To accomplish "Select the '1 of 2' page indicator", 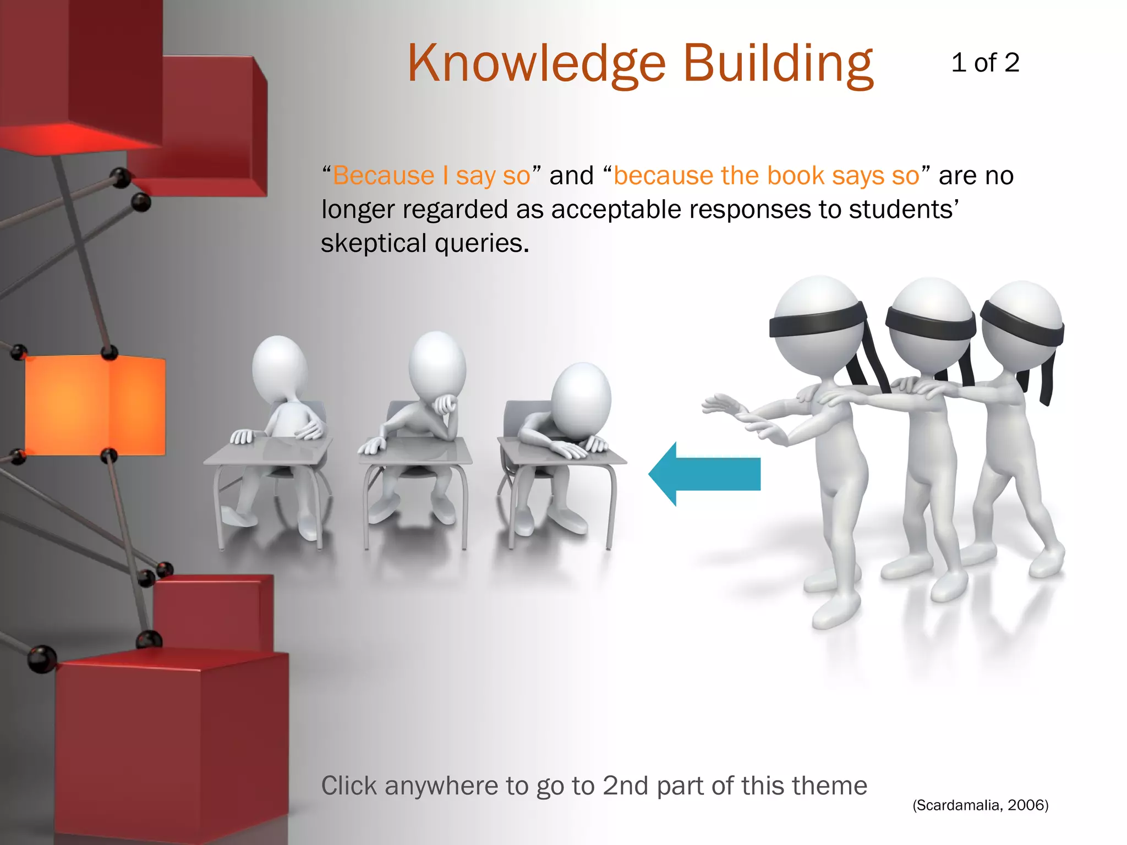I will point(985,63).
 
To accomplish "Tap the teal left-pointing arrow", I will point(704,474).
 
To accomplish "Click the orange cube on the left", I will point(95,404).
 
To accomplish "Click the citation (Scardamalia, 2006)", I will point(980,805).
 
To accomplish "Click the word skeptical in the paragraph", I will point(374,243).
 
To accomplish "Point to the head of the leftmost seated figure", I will point(279,366).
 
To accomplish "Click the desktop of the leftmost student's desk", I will point(270,451).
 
